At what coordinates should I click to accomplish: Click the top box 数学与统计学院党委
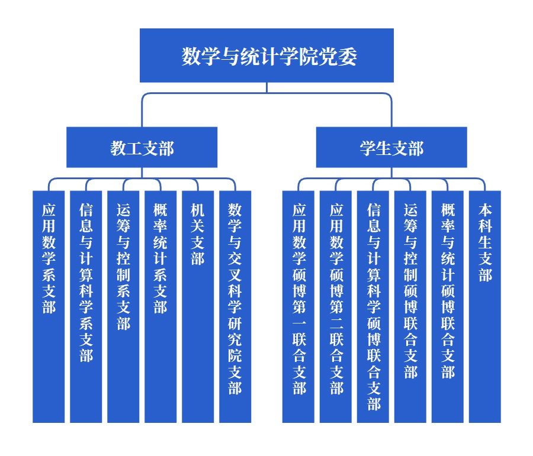pos(266,56)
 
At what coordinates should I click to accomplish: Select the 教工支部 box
pos(142,147)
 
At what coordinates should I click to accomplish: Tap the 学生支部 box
pos(391,147)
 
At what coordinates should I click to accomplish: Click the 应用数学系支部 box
pos(49,306)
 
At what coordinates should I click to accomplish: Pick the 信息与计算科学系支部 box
pos(86,306)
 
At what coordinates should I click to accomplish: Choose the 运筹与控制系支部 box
pos(123,306)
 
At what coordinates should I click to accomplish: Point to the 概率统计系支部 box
pos(160,306)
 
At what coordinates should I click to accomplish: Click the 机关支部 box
pos(198,306)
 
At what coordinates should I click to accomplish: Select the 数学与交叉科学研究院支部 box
pos(235,306)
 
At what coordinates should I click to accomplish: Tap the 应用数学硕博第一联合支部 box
pos(298,306)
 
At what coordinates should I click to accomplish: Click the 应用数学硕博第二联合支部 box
pos(336,306)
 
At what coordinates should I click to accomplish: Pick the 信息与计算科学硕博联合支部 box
pos(373,306)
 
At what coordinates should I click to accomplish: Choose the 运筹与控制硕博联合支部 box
pos(410,306)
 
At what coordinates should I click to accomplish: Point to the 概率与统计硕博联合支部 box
pos(448,306)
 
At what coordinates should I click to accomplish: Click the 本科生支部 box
pos(485,306)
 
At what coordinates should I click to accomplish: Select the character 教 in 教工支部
pos(118,148)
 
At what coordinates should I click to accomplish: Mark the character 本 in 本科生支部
pos(485,210)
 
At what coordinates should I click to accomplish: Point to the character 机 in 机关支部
pos(198,210)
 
